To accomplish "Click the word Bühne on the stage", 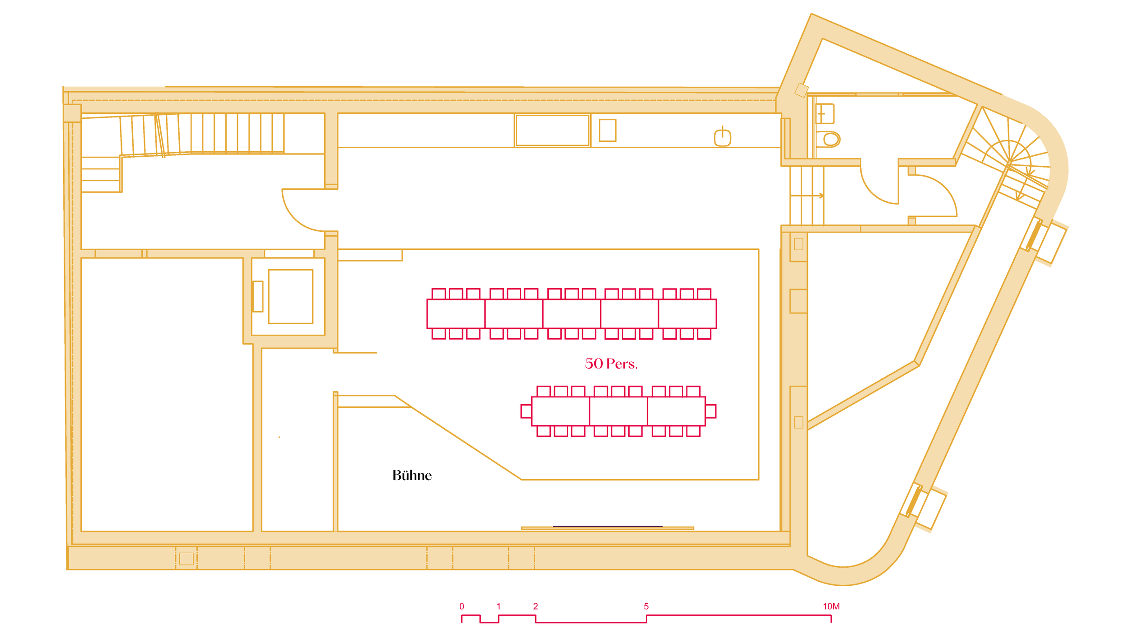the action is pos(412,475).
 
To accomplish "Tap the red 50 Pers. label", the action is pos(611,364).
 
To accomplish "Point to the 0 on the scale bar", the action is pos(462,607).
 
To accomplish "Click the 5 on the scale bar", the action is pos(646,607).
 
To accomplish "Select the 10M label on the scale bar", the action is pos(831,607).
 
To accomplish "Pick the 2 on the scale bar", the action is pos(536,607).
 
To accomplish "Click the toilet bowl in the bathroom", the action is pos(828,139).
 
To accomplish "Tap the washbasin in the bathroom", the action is pos(825,113).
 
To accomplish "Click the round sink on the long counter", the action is pos(723,137).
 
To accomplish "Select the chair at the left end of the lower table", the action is pos(526,411).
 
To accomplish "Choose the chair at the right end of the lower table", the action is pos(710,411).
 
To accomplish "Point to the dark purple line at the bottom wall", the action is pos(607,526).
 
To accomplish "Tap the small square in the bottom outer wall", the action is pos(187,559).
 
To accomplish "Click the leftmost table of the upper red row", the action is pos(456,313).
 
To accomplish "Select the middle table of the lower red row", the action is pos(618,411).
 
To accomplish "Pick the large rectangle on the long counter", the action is pos(552,130).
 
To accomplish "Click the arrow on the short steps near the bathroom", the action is pos(807,196).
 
